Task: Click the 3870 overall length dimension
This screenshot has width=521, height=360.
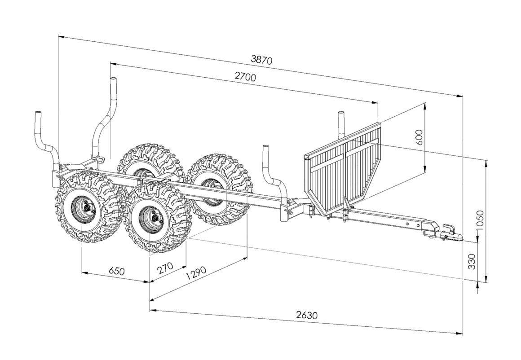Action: pos(261,60)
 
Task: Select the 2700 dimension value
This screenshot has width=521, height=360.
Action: pos(245,77)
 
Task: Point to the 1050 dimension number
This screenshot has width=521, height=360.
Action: pos(480,220)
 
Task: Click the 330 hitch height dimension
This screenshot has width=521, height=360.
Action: pos(472,261)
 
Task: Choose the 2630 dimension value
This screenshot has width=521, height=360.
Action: pos(307,315)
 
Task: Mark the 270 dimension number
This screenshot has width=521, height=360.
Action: pos(165,269)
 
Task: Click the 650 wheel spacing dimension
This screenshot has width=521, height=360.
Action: pos(116,272)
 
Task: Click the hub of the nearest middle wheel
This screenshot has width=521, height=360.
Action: pos(155,217)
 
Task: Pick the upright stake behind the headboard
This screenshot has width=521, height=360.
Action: pos(341,123)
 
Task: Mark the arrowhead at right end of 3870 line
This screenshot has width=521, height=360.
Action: pos(460,95)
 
